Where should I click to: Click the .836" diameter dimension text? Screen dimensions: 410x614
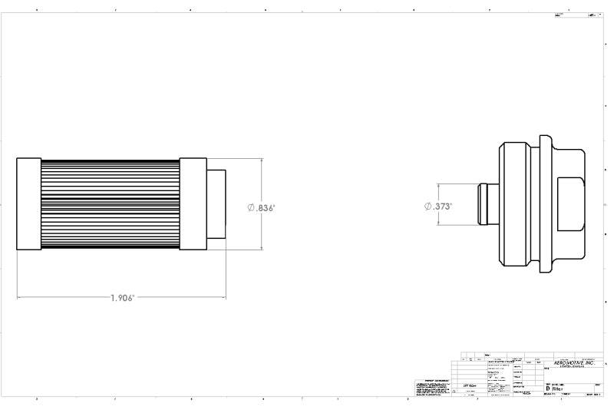pyautogui.click(x=266, y=208)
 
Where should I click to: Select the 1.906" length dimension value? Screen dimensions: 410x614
pyautogui.click(x=122, y=298)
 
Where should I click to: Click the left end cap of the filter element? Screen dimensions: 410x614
pyautogui.click(x=28, y=204)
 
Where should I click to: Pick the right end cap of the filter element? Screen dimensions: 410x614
pyautogui.click(x=193, y=204)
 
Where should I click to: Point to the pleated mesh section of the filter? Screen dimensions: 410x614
pyautogui.click(x=110, y=204)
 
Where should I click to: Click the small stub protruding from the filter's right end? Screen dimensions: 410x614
pyautogui.click(x=216, y=204)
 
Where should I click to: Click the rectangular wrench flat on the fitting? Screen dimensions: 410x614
pyautogui.click(x=572, y=204)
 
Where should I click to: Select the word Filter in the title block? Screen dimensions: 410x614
pyautogui.click(x=556, y=389)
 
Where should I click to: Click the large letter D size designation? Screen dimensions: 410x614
pyautogui.click(x=547, y=389)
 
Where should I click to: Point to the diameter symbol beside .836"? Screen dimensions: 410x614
pyautogui.click(x=251, y=208)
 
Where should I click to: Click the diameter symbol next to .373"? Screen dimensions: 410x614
pyautogui.click(x=427, y=207)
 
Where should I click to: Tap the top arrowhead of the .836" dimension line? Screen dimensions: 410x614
pyautogui.click(x=262, y=161)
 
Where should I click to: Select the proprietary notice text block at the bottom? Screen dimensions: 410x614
pyautogui.click(x=432, y=389)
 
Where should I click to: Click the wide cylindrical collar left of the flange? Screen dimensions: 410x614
pyautogui.click(x=514, y=204)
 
